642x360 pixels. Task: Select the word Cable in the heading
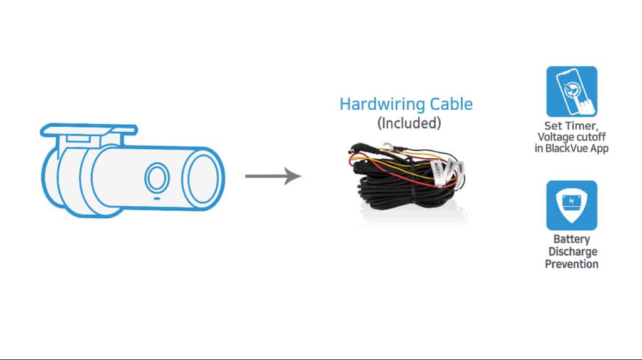point(450,104)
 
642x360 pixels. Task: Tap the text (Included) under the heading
point(409,123)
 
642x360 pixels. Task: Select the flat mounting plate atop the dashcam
point(88,130)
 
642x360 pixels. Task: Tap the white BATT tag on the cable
point(450,168)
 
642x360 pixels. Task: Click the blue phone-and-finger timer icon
point(572,92)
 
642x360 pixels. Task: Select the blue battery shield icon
point(572,205)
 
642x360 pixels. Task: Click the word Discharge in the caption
point(572,251)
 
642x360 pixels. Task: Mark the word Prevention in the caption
point(572,264)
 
